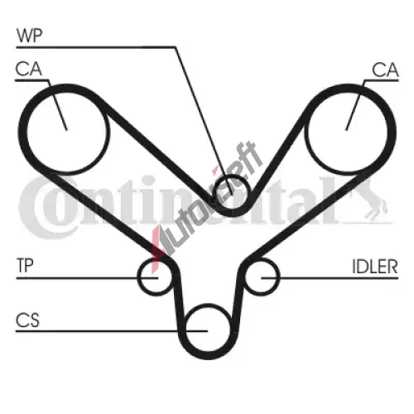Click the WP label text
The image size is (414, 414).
pos(29,36)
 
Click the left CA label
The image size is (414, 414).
pos(29,69)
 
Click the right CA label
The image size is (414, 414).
pos(385,70)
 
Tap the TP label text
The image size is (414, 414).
pos(25,266)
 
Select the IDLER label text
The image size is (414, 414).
pos(375,267)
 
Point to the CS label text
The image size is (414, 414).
pos(27,320)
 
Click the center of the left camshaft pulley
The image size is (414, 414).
pos(66,130)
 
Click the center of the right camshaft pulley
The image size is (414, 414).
pos(346,130)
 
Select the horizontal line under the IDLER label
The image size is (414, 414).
pos(330,278)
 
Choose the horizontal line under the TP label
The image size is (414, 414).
pos(87,278)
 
